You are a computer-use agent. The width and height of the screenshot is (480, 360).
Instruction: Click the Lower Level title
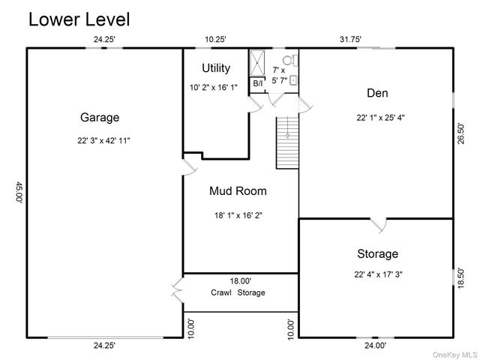(79, 19)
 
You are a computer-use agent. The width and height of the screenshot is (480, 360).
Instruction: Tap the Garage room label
(100, 118)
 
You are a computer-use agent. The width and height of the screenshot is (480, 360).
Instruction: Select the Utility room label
(216, 68)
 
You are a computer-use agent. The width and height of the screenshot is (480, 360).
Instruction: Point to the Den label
(377, 93)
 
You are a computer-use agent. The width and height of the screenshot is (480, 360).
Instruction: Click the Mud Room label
(238, 191)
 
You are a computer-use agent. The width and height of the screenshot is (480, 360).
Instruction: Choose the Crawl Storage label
(238, 292)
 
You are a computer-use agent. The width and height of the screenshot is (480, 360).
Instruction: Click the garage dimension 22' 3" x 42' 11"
(103, 140)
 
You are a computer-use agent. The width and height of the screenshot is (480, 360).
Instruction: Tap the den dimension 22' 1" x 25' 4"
(380, 118)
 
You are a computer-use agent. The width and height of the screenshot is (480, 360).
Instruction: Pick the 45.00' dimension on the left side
(19, 192)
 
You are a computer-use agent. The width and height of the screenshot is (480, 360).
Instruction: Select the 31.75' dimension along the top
(350, 39)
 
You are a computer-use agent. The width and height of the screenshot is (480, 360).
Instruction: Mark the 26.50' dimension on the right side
(460, 133)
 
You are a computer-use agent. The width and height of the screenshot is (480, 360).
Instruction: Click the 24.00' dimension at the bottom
(375, 345)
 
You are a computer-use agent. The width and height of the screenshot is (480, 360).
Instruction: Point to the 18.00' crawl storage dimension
(241, 280)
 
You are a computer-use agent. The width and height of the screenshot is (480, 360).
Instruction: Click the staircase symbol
(287, 142)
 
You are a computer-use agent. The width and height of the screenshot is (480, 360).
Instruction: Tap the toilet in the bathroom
(290, 60)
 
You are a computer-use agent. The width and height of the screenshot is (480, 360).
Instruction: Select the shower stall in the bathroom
(257, 63)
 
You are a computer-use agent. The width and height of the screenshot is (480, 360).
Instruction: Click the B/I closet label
(258, 83)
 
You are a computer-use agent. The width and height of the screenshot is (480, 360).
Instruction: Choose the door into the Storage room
(379, 225)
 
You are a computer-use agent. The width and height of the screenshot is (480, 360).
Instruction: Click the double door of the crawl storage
(177, 290)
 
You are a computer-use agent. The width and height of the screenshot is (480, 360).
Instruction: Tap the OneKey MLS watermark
(454, 355)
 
